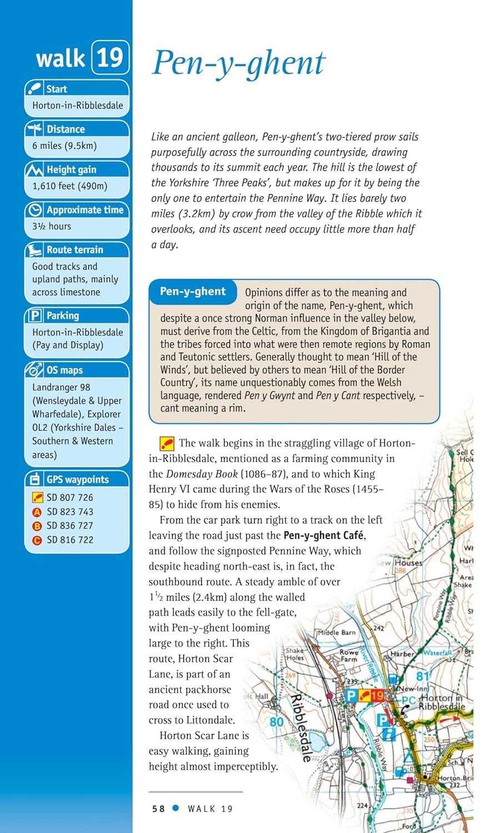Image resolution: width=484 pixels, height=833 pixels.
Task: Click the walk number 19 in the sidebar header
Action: pyautogui.click(x=110, y=57)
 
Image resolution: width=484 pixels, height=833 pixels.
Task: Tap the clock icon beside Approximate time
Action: pyautogui.click(x=36, y=210)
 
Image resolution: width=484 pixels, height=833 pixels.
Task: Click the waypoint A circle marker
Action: pyautogui.click(x=37, y=512)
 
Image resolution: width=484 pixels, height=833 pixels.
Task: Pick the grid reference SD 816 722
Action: pyautogui.click(x=70, y=540)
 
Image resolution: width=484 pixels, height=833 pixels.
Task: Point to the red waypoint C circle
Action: pyautogui.click(x=37, y=540)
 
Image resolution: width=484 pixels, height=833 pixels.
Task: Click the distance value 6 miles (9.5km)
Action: pyautogui.click(x=64, y=145)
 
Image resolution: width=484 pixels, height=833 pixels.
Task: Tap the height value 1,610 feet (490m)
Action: pyautogui.click(x=70, y=186)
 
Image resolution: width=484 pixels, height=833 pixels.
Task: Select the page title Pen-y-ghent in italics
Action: pyautogui.click(x=239, y=62)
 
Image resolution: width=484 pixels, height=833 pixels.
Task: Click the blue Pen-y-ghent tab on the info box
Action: pyautogui.click(x=193, y=292)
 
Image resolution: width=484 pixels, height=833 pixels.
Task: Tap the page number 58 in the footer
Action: pyautogui.click(x=158, y=809)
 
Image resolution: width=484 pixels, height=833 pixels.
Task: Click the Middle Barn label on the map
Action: pyautogui.click(x=336, y=633)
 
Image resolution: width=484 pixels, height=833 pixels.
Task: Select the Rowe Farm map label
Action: pyautogui.click(x=349, y=656)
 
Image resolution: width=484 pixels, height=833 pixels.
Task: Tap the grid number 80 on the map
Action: pyautogui.click(x=276, y=722)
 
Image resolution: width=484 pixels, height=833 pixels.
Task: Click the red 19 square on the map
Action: pyautogui.click(x=377, y=695)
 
